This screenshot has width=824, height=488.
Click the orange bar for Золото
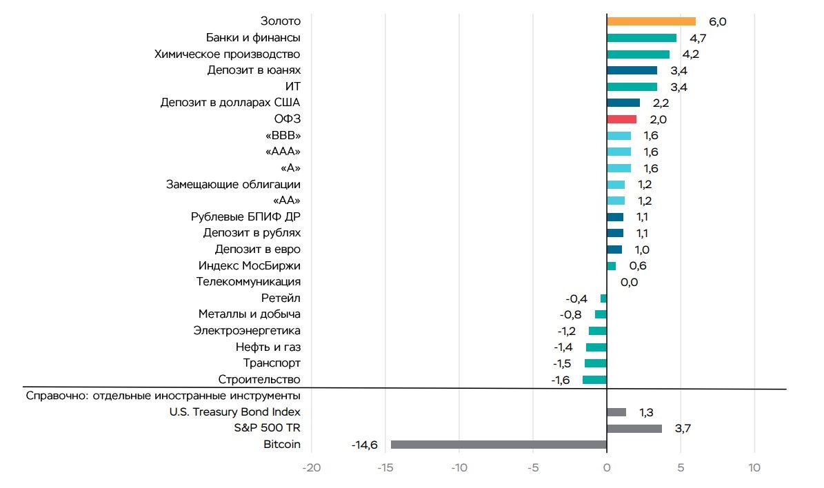(x=651, y=21)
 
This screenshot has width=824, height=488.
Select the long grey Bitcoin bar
(x=499, y=445)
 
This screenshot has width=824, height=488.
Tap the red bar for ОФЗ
(x=621, y=119)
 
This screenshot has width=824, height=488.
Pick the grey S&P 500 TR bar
(x=634, y=429)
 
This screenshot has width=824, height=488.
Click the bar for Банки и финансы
(x=641, y=38)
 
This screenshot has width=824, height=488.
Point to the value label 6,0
(x=718, y=21)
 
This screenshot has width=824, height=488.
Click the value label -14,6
(x=364, y=445)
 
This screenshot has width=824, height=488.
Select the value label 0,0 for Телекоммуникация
(x=629, y=282)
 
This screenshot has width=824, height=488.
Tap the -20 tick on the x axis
(x=312, y=468)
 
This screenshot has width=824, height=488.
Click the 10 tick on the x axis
(x=754, y=468)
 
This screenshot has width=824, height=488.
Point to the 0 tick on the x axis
(x=607, y=468)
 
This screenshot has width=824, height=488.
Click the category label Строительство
(x=259, y=380)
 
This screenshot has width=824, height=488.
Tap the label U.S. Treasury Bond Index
(x=235, y=412)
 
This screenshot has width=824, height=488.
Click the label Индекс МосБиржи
(x=250, y=265)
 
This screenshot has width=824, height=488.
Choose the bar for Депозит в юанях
(x=632, y=70)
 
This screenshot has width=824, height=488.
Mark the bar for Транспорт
(x=596, y=363)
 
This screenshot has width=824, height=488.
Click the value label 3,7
(x=683, y=429)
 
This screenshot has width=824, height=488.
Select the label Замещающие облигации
(x=233, y=184)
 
